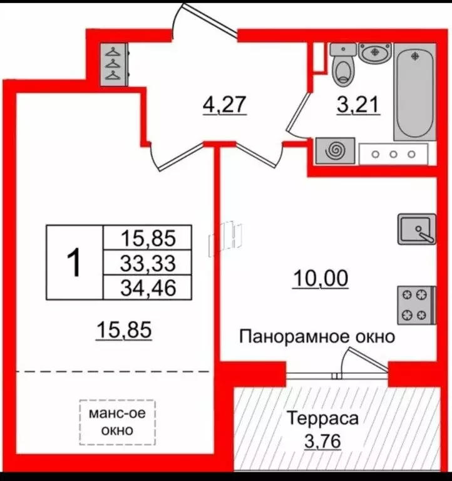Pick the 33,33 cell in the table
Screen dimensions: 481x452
pyautogui.click(x=148, y=263)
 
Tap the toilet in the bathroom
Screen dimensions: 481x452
pyautogui.click(x=343, y=66)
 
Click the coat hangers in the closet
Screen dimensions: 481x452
pyautogui.click(x=113, y=64)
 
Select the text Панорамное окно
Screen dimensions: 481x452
pyautogui.click(x=317, y=337)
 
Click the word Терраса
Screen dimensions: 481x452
pyautogui.click(x=322, y=418)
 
